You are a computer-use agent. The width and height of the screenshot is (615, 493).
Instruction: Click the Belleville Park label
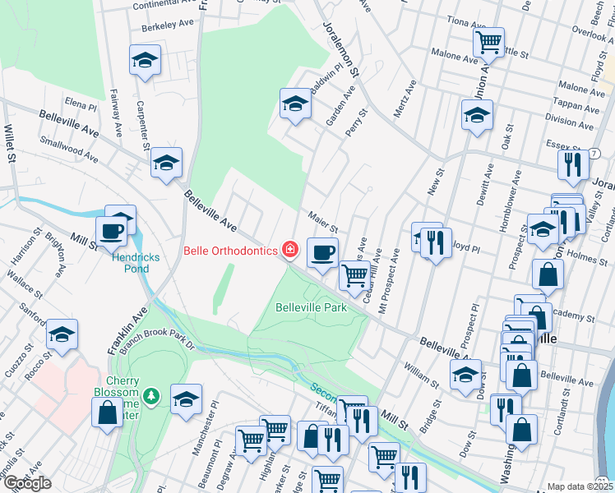pyautogui.click(x=310, y=307)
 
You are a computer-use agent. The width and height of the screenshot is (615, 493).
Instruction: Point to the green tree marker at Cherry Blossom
pyautogui.click(x=150, y=397)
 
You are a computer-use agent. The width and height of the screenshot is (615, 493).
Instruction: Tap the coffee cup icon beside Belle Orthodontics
pyautogui.click(x=322, y=251)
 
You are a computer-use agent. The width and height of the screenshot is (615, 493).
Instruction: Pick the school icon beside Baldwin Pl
pyautogui.click(x=295, y=103)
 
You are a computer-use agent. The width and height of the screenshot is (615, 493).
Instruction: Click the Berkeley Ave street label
pyautogui.click(x=168, y=27)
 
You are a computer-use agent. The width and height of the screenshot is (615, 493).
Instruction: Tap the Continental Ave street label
pyautogui.click(x=166, y=4)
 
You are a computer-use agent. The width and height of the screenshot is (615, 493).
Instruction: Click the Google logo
pyautogui.click(x=26, y=483)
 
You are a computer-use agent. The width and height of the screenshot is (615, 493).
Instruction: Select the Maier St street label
pyautogui.click(x=323, y=222)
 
